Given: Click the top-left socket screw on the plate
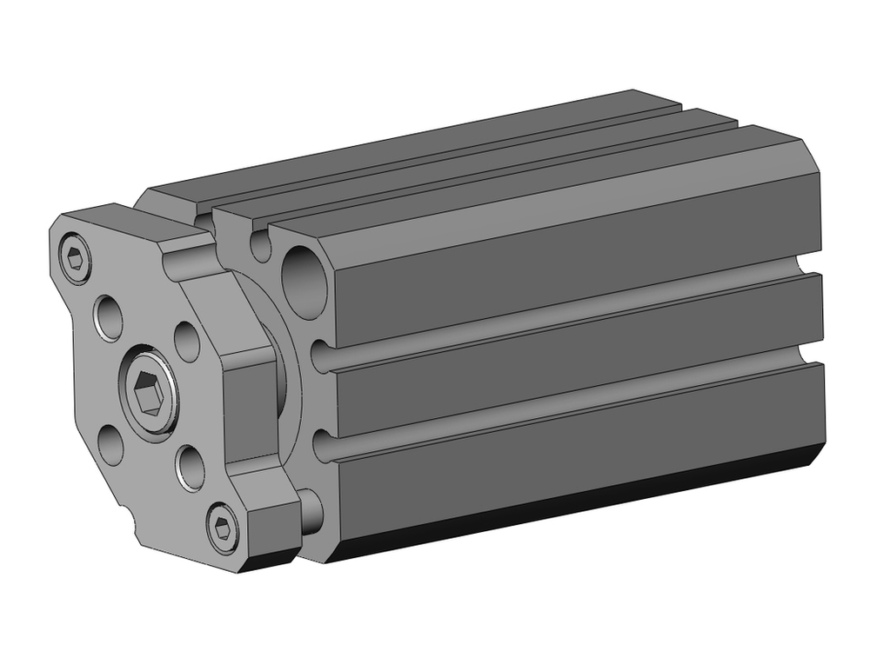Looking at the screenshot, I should point(76,258).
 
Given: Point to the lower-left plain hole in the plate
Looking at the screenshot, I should point(110,444).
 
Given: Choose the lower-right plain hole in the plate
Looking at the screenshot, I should point(191,467).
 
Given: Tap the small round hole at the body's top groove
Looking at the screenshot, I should point(260,246).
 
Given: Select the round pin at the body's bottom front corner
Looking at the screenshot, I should point(310,511).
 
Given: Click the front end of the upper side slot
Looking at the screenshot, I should point(322,355).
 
